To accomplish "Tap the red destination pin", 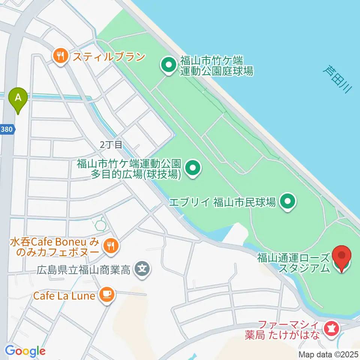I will (342, 257).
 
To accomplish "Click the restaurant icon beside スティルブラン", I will (60, 57).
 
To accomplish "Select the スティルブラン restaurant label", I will (109, 57).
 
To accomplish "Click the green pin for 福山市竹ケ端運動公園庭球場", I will (169, 65).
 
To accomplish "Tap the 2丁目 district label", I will (111, 145).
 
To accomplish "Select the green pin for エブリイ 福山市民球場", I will (288, 202).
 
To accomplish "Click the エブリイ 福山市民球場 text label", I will (223, 202).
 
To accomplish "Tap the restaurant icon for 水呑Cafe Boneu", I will (111, 246).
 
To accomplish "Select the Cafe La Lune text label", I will (63, 295).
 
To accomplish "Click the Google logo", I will (25, 351).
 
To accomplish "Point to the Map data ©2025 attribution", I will (328, 354).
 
